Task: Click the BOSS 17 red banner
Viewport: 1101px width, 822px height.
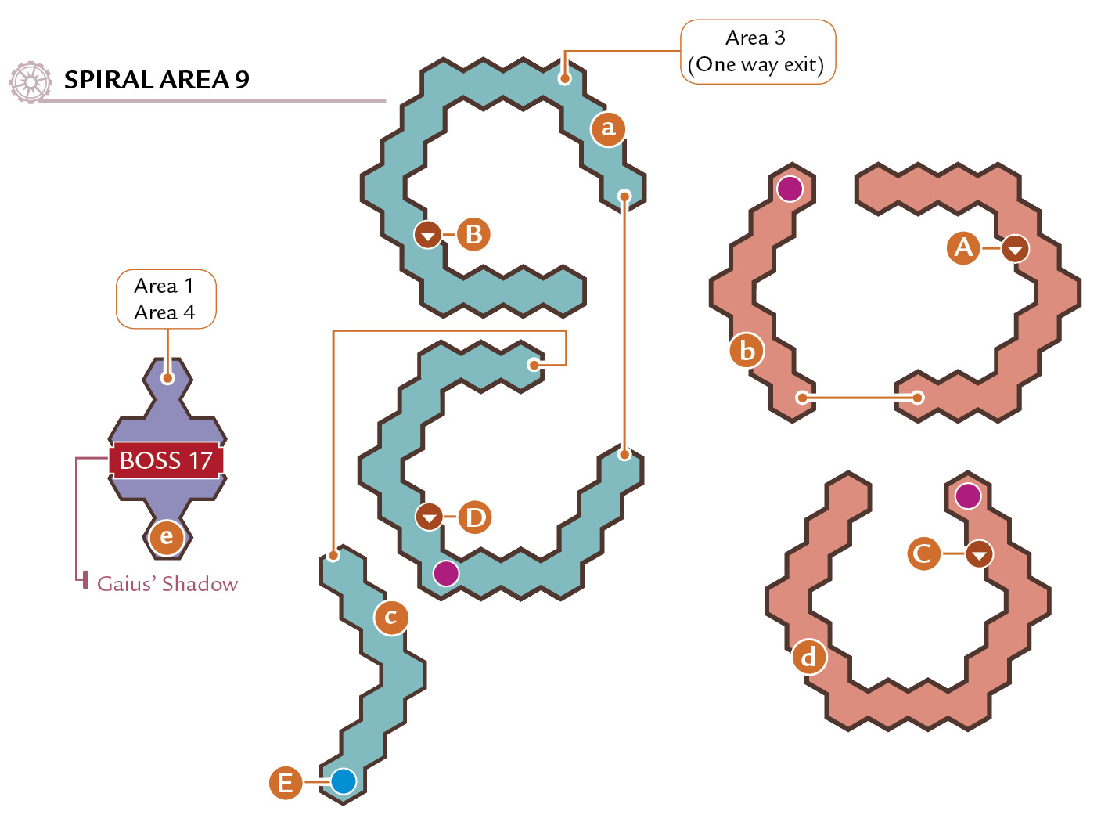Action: pos(166,460)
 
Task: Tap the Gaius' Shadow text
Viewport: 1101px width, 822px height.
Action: pos(167,584)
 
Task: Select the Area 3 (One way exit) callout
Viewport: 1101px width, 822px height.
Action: pos(757,52)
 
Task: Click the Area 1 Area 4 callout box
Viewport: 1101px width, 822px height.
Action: pos(166,299)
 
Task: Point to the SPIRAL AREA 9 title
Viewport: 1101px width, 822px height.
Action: pos(157,80)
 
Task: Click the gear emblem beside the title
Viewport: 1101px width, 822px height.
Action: pos(31,82)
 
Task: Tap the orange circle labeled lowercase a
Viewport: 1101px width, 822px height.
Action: pos(608,129)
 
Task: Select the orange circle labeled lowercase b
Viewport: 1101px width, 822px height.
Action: pos(747,350)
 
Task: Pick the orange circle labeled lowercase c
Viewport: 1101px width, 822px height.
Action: pos(390,617)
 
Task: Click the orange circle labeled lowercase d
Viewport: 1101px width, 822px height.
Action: pos(809,657)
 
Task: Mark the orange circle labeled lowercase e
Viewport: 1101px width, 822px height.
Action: pos(167,537)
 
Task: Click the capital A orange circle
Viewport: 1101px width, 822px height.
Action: pos(963,248)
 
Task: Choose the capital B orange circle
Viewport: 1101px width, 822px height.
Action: pos(473,234)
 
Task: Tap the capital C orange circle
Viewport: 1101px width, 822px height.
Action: pos(923,554)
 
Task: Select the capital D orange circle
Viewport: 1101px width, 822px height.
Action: pos(474,517)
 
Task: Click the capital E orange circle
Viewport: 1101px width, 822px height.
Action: pos(286,782)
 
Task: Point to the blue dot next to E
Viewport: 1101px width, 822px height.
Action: pos(344,781)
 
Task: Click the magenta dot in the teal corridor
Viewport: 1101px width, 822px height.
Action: pos(446,573)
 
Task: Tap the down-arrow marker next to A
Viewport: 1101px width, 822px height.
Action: pos(1016,248)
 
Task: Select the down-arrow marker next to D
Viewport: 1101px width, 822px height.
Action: pos(429,517)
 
